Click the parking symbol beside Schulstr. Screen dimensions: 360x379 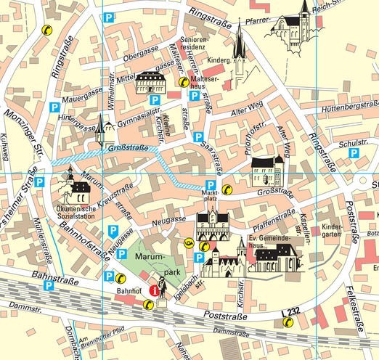(x=354, y=154)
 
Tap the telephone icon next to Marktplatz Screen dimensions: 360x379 (x=227, y=189)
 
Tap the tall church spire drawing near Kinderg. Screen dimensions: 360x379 (x=239, y=51)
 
